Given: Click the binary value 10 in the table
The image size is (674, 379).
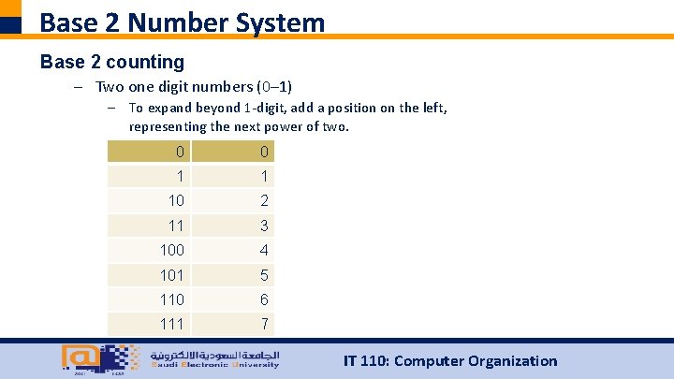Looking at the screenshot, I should (x=176, y=200).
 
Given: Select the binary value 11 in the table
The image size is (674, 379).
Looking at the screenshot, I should (x=176, y=226).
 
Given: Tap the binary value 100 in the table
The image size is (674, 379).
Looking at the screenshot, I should (x=172, y=250).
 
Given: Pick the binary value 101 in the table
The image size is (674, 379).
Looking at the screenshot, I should (x=172, y=275).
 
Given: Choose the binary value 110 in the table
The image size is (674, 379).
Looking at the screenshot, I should (x=172, y=299).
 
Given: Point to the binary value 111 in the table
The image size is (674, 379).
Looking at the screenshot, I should (x=172, y=324).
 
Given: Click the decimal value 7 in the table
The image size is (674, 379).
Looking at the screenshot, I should (x=265, y=324).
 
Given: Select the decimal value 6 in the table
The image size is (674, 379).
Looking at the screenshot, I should (x=265, y=299).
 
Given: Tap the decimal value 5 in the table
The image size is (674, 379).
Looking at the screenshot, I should (x=265, y=275).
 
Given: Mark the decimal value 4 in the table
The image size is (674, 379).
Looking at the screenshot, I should (x=265, y=250).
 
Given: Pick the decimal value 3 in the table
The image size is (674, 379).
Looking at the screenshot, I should (x=265, y=226).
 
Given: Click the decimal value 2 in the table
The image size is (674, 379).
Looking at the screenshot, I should (x=265, y=200).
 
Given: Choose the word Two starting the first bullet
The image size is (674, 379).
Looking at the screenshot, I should (x=110, y=87).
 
